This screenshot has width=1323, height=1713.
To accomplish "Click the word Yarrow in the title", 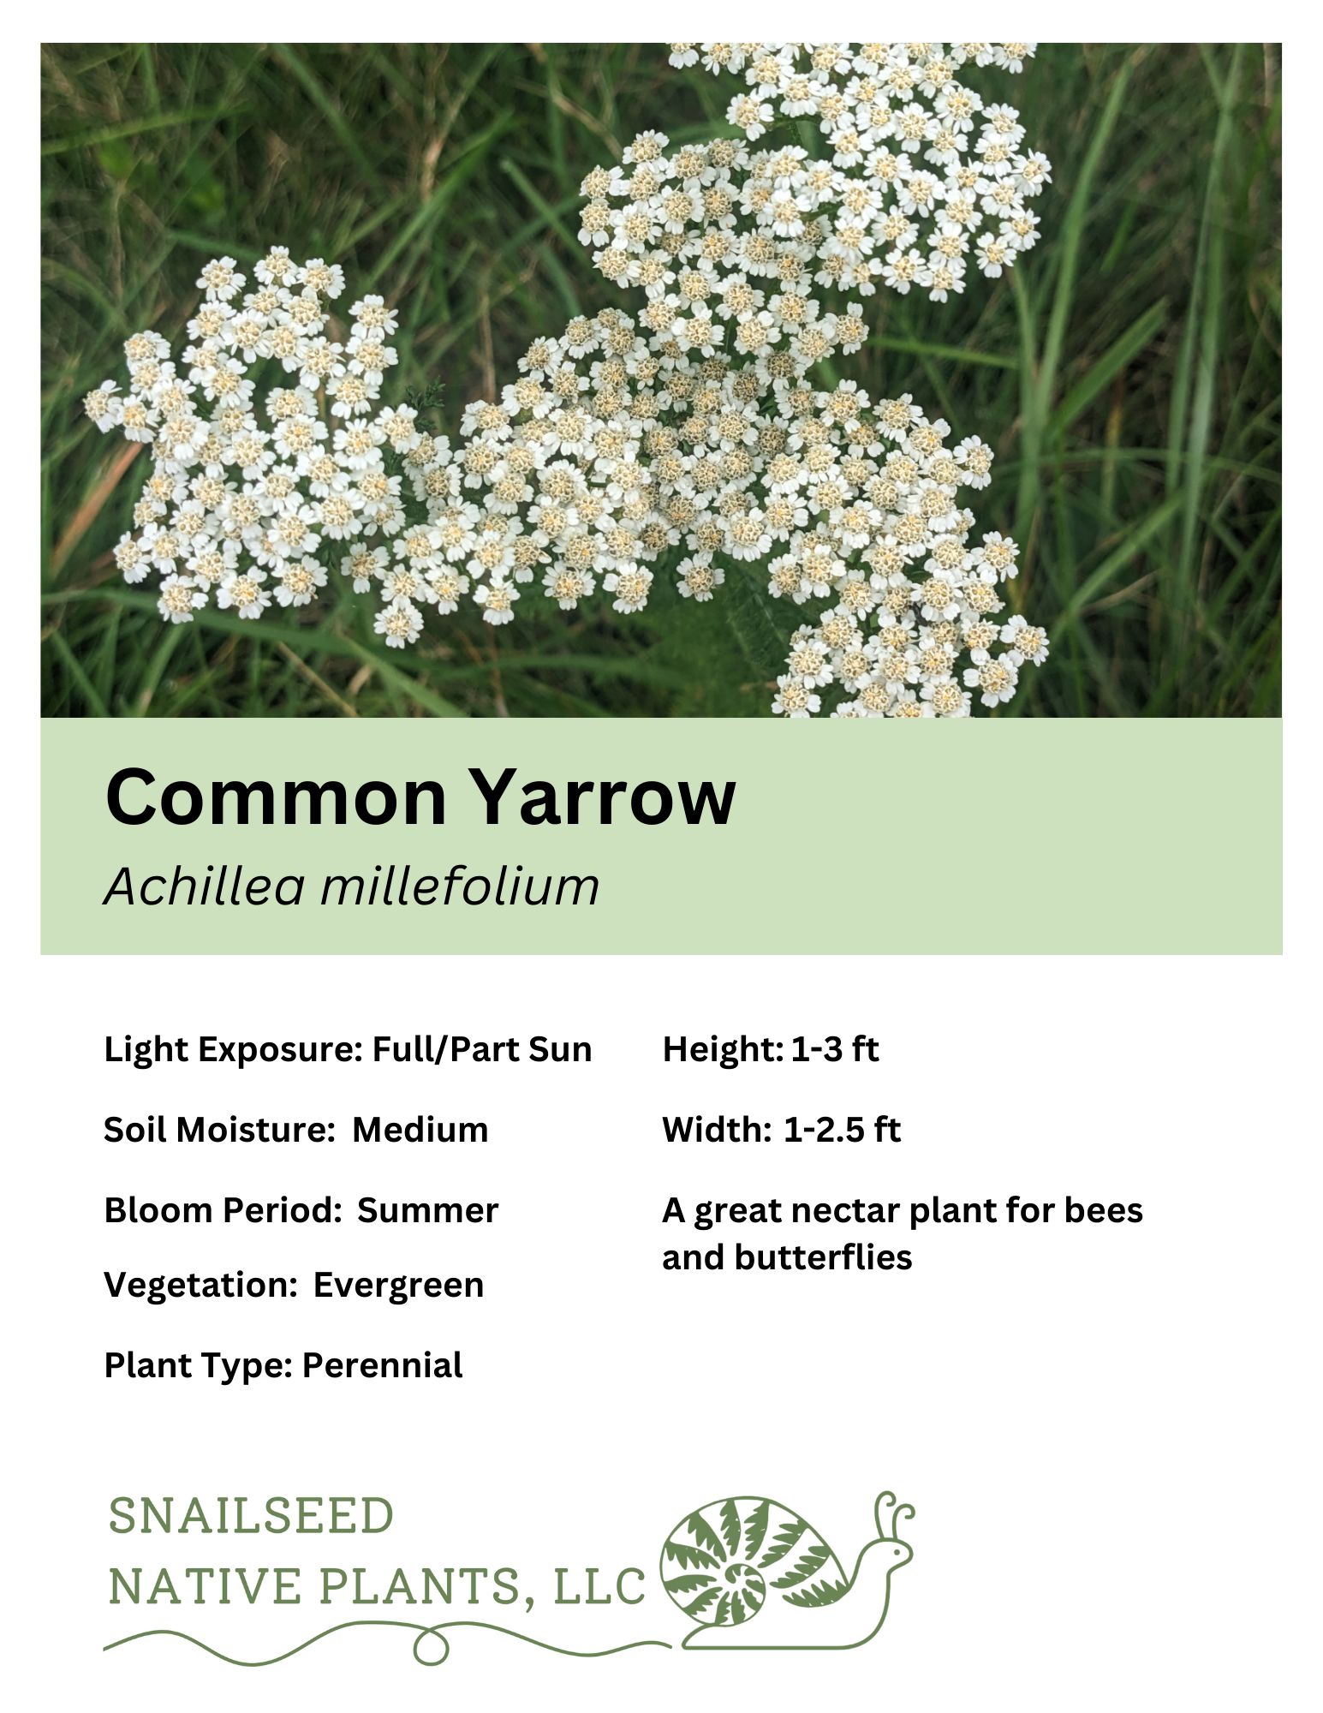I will [x=603, y=797].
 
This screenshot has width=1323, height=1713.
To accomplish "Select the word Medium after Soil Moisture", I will [x=420, y=1131].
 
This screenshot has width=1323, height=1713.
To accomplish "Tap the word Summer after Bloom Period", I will [x=427, y=1211].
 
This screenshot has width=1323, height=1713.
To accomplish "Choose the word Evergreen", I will [x=398, y=1286].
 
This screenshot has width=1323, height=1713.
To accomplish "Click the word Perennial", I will [x=382, y=1365].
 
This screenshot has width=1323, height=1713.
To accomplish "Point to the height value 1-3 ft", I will [x=835, y=1050].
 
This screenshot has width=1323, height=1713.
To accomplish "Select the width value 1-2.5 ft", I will [x=842, y=1131].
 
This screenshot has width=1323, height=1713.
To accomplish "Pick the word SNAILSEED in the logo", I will [x=251, y=1517].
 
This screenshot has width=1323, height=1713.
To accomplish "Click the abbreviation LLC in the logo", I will [x=599, y=1587].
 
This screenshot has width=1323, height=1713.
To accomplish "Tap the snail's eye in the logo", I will [x=896, y=1552].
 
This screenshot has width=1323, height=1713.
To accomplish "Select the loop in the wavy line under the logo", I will [x=431, y=1647].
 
